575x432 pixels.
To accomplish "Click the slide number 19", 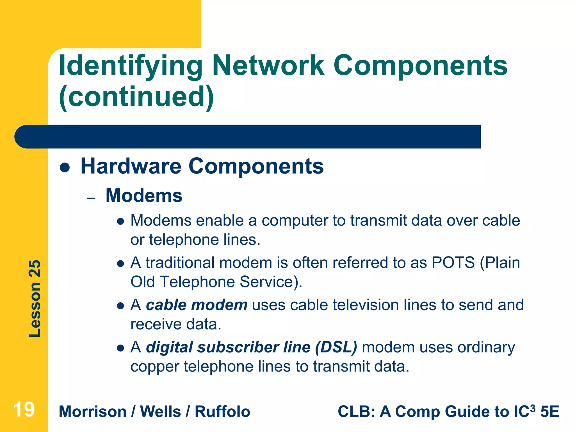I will [24, 409].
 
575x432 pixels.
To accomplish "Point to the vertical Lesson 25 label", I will [35, 298].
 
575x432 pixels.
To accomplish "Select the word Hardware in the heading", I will [131, 166].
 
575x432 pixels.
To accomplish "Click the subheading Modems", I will [144, 195].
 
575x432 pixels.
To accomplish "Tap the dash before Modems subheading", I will [91, 198].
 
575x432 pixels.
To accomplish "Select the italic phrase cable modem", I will [197, 305].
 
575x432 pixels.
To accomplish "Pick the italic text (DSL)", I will [336, 347].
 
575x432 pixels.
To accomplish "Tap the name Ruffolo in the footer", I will [222, 412].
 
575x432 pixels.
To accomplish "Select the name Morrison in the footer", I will [93, 412].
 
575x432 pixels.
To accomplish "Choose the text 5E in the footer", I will [549, 412].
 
